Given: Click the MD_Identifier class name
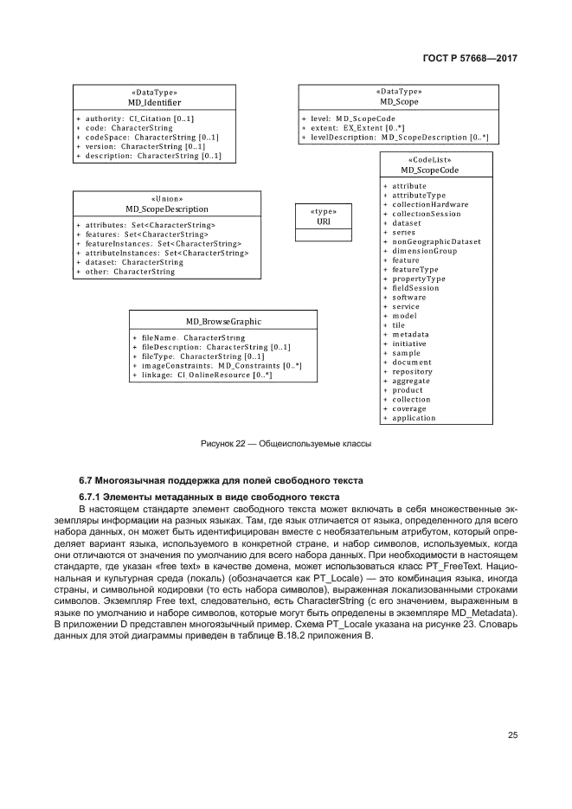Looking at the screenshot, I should coord(154,102).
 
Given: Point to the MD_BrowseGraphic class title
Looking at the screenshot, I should coord(223,321).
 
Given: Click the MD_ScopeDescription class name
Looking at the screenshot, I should coord(167,209).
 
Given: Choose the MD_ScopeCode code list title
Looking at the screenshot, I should coord(435,170).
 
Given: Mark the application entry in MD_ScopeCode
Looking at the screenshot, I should coord(414,418).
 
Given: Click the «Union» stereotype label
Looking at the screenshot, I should coord(167,198).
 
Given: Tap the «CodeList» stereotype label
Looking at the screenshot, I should coord(435,160).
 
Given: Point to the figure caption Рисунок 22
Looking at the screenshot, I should coord(286,444).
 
